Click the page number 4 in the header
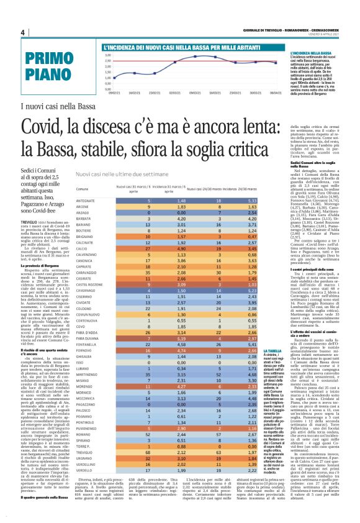pos(22,32)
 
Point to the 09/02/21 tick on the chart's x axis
pos(114,92)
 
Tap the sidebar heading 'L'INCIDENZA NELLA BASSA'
pos(309,54)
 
